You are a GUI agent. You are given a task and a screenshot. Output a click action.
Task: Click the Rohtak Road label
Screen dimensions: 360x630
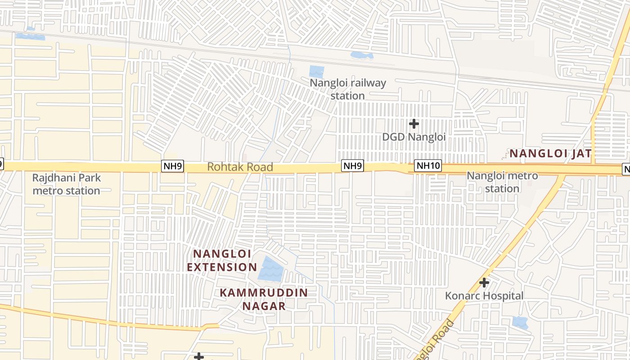click(240, 167)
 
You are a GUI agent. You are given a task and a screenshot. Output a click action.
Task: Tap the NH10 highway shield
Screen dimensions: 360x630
click(427, 166)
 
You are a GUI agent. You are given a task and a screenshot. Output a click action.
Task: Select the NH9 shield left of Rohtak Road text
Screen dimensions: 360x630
click(173, 166)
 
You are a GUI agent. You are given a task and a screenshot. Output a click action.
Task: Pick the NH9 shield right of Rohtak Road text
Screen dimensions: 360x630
click(352, 166)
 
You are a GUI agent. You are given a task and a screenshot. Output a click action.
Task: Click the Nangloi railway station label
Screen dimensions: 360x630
click(348, 89)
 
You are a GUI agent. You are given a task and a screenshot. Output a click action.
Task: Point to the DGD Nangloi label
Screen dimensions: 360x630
click(414, 137)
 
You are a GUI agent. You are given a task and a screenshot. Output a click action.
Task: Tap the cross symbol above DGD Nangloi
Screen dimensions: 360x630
click(414, 123)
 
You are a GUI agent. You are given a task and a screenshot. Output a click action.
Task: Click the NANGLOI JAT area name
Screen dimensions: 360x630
click(550, 153)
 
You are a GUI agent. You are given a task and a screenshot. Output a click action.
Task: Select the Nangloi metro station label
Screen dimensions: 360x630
click(502, 182)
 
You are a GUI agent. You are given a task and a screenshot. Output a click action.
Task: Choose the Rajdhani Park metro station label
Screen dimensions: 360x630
click(66, 184)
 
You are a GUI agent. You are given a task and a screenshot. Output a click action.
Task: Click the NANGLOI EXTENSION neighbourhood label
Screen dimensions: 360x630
click(222, 260)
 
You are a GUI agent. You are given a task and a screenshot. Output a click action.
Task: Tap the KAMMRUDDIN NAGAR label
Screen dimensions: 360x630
click(264, 299)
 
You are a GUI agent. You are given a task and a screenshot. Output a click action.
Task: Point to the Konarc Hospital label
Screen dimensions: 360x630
click(484, 296)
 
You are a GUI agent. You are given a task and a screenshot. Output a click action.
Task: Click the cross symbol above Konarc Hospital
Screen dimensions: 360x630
click(484, 283)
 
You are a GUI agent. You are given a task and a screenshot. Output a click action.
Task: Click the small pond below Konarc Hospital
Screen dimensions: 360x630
click(520, 322)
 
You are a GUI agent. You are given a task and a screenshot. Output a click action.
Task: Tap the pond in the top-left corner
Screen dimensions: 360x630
click(31, 36)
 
